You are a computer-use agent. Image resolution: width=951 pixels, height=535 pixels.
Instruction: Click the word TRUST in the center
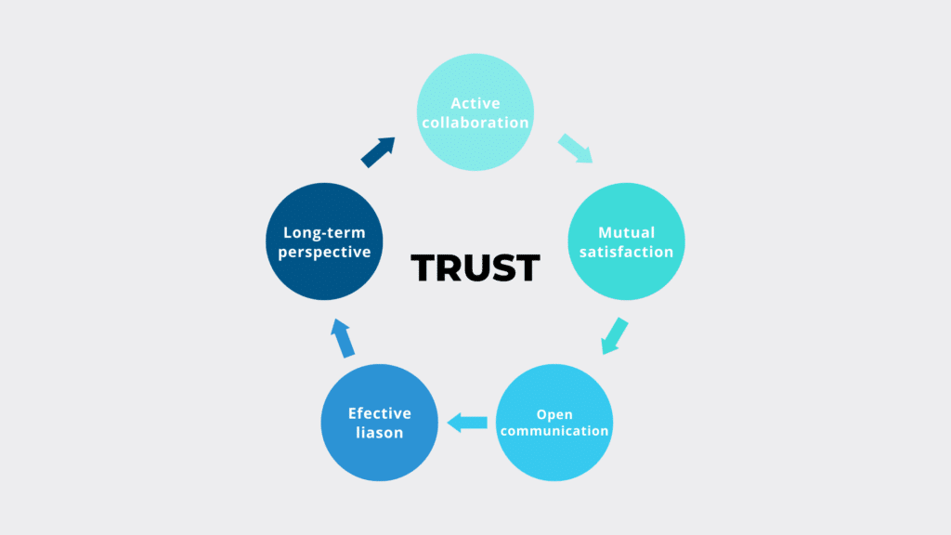pyautogui.click(x=475, y=267)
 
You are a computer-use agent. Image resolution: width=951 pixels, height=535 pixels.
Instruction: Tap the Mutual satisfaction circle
pyautogui.click(x=626, y=241)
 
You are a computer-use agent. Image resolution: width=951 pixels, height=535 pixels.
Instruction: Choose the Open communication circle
pyautogui.click(x=554, y=422)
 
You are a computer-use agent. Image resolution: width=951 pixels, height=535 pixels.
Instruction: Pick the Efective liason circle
pyautogui.click(x=379, y=422)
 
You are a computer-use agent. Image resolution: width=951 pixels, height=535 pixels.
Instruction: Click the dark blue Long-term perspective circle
pyautogui.click(x=325, y=241)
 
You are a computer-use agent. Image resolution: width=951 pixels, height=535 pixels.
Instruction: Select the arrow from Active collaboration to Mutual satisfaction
pyautogui.click(x=576, y=149)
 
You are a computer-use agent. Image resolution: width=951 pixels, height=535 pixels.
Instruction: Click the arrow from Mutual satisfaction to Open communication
pyautogui.click(x=614, y=336)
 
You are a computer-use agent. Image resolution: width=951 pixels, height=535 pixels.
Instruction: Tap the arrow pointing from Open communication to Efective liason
pyautogui.click(x=467, y=424)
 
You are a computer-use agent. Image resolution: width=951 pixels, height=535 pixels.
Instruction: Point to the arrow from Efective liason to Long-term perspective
pyautogui.click(x=343, y=338)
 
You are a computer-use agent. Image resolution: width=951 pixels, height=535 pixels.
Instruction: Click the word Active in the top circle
pyautogui.click(x=475, y=103)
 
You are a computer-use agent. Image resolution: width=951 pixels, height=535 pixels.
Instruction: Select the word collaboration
pyautogui.click(x=475, y=123)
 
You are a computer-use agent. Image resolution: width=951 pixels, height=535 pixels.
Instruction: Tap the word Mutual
pyautogui.click(x=626, y=232)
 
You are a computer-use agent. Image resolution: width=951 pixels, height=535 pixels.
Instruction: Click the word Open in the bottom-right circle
pyautogui.click(x=554, y=414)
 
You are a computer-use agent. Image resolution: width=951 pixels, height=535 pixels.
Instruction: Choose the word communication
pyautogui.click(x=554, y=431)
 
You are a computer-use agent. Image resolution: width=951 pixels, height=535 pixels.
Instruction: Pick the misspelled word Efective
pyautogui.click(x=379, y=413)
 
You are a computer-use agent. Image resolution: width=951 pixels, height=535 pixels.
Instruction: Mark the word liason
pyautogui.click(x=379, y=433)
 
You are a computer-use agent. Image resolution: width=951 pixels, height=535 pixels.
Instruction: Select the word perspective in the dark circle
pyautogui.click(x=325, y=252)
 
